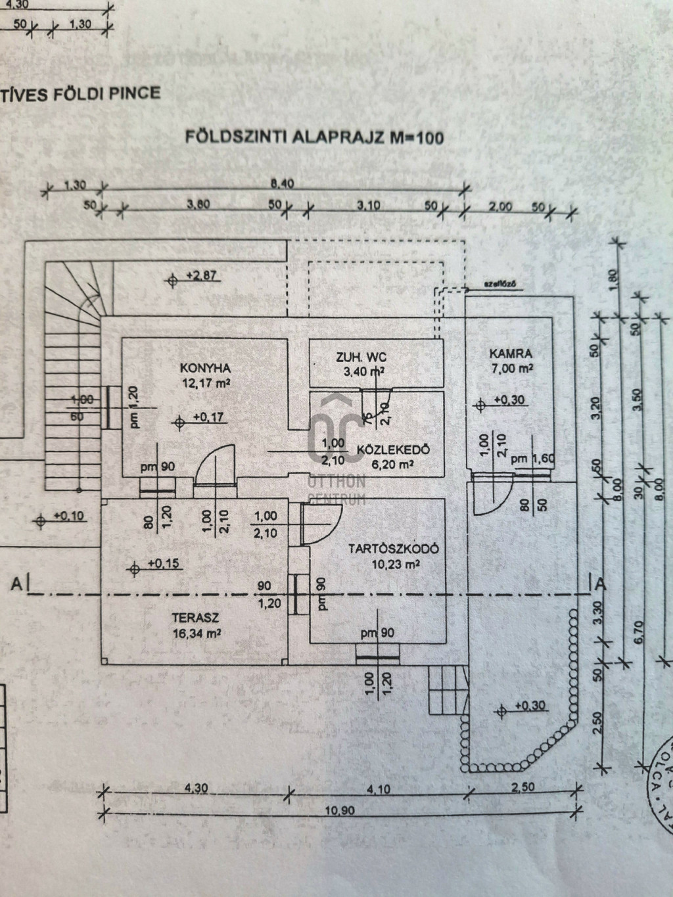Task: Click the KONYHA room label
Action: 196,367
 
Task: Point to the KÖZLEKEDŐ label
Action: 393,450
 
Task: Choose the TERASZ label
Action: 195,618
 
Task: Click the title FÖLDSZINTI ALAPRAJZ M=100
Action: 314,137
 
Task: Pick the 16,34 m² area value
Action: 195,633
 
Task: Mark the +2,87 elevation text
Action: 202,276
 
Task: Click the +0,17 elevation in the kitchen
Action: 208,417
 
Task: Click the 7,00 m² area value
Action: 511,368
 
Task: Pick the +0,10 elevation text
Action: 70,516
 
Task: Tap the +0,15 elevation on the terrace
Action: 163,563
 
